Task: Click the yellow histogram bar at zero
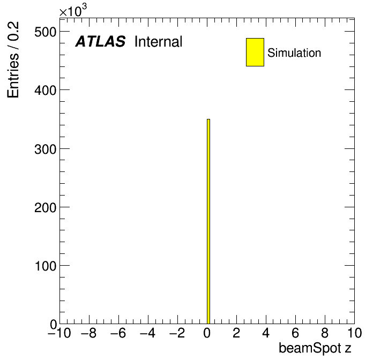208,221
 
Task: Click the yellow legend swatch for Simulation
255,52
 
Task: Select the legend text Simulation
294,53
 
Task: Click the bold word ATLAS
100,41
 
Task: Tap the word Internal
159,41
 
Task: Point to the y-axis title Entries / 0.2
13,59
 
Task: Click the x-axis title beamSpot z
315,348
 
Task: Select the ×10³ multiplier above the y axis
73,11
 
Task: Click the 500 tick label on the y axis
46,32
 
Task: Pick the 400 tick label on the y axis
46,91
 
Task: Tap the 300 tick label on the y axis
46,149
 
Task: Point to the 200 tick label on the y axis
46,207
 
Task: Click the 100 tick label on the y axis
46,266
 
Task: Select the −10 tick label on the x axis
59,333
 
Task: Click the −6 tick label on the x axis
118,333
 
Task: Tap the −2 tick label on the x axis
177,333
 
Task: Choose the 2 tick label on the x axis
236,333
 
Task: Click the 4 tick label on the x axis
266,333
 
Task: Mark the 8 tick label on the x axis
325,333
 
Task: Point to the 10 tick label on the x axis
354,333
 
